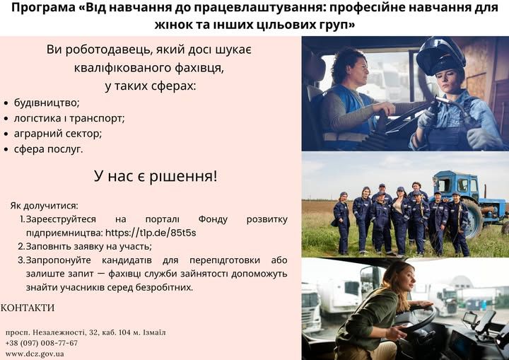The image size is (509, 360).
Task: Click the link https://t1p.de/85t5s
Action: click(x=151, y=233)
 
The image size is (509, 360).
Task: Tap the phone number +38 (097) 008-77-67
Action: click(x=42, y=343)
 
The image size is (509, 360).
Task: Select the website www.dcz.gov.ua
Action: click(x=35, y=354)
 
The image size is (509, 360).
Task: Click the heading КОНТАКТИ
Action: click(x=28, y=308)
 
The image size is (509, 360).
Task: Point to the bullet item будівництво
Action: click(x=47, y=103)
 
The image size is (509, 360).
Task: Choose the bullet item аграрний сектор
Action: click(x=58, y=134)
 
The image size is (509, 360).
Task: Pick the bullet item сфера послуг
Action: click(x=48, y=149)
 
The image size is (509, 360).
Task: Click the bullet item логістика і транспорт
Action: click(x=69, y=118)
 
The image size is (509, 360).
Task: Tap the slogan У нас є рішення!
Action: click(x=156, y=176)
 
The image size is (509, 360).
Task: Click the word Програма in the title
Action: click(x=43, y=8)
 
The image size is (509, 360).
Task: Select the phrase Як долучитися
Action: click(x=44, y=206)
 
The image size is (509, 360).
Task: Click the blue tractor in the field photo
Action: click(x=469, y=203)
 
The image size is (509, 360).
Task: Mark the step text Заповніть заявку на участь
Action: click(x=88, y=246)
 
